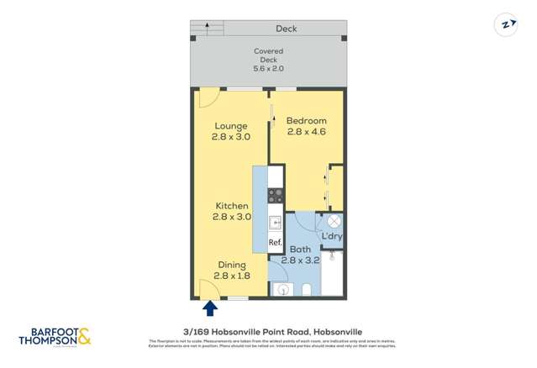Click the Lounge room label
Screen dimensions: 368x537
[x=229, y=127]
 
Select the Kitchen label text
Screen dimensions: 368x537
[x=231, y=206]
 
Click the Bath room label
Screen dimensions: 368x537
[x=300, y=250]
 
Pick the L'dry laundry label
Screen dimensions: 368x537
[x=331, y=236]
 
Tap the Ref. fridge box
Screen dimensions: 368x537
[x=274, y=244]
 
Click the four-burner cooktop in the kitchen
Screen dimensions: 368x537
[x=274, y=196]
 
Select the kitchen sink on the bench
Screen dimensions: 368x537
[x=274, y=223]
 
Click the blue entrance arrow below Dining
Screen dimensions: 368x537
[x=209, y=308]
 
